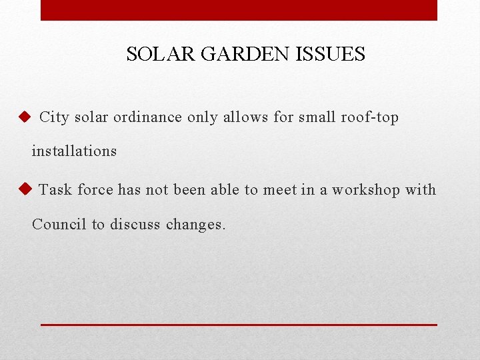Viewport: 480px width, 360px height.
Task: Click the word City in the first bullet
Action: click(x=55, y=117)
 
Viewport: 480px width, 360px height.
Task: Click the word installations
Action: click(x=74, y=151)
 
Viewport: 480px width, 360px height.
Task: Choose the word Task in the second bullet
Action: click(x=55, y=190)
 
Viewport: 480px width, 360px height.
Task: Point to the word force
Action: click(x=95, y=190)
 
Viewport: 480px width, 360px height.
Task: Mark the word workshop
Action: click(x=365, y=190)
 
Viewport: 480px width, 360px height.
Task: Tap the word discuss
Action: click(x=134, y=224)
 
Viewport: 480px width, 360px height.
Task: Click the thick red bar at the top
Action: click(x=239, y=10)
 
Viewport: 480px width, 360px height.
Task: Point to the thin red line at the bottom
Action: click(x=239, y=325)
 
